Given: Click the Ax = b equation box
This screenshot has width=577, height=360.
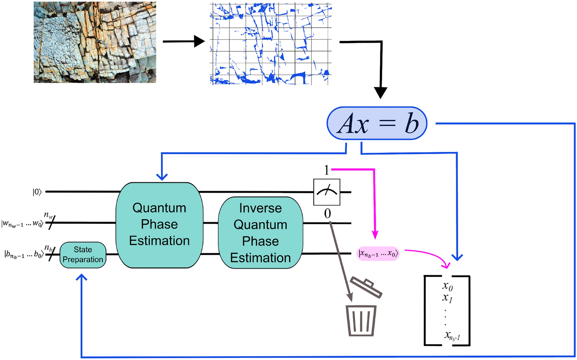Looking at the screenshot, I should coord(377,123).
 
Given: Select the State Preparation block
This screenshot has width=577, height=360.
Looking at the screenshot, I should coord(83,255).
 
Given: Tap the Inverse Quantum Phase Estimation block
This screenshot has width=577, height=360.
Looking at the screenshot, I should coord(261,233).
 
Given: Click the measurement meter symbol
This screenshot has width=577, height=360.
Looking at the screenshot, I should coord(327,192).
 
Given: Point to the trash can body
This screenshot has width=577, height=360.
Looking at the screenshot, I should coord(361,320).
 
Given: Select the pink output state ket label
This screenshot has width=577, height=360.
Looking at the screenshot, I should coord(378,254).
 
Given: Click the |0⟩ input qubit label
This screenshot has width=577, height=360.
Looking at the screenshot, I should coord(37,192).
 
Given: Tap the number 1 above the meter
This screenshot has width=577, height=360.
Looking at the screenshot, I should coord(326,170).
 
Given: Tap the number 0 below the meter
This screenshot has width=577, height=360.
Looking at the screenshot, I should coord(327,213).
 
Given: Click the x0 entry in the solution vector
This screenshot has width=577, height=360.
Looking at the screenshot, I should coord(447,286).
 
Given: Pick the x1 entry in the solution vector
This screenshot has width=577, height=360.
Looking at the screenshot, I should coord(447,298).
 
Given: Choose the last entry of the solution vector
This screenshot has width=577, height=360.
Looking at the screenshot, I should coord(452,336).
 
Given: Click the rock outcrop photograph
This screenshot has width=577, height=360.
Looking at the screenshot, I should coord(95,42).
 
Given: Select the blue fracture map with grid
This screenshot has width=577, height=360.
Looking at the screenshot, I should coord(271,44).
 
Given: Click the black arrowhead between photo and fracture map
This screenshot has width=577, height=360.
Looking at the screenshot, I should coord(199,41).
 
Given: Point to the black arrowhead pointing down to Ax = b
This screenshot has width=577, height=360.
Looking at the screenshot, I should coord(380,93).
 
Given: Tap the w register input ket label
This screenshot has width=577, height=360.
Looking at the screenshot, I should coord(22,223).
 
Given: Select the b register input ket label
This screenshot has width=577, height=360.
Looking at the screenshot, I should coord(23,254).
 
